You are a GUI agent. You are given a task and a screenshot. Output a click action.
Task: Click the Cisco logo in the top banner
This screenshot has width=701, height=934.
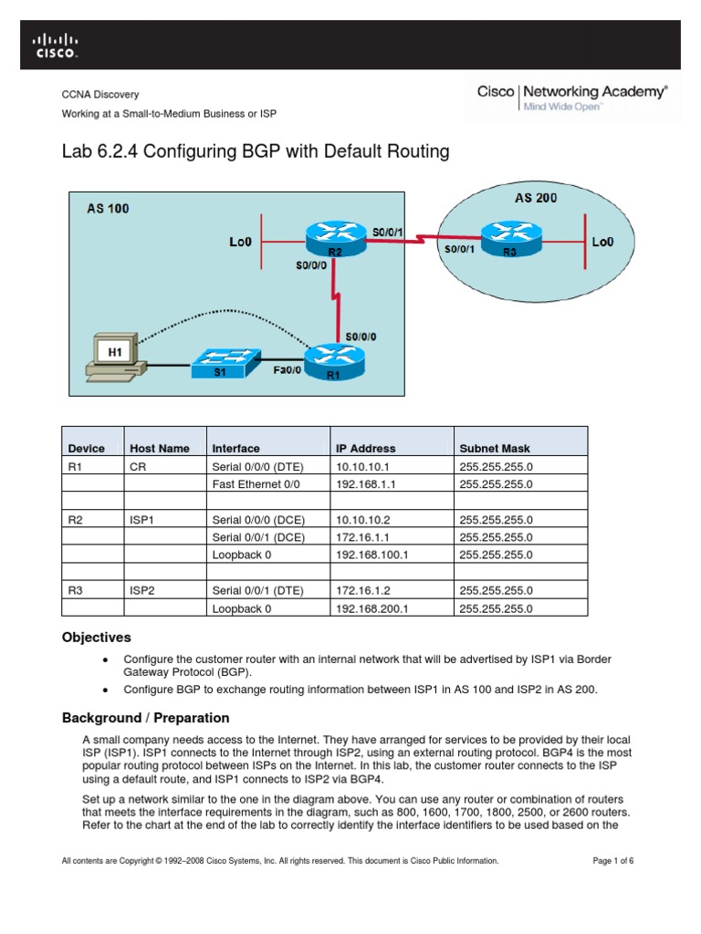56,45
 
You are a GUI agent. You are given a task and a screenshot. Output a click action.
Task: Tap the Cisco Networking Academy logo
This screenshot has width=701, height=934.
572,98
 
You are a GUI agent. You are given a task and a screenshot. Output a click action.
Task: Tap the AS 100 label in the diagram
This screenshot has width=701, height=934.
109,208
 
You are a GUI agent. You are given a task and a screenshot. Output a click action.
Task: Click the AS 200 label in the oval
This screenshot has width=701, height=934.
536,197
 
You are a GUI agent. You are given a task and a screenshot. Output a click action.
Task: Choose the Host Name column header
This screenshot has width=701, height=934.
160,449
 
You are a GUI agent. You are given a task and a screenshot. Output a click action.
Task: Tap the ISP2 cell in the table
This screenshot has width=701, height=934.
142,590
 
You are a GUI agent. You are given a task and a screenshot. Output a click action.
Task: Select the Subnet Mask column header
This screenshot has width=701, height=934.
495,449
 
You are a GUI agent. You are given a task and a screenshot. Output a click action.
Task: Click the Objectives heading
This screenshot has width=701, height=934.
96,638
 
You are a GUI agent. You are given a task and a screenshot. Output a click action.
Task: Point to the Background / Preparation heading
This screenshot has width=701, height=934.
145,718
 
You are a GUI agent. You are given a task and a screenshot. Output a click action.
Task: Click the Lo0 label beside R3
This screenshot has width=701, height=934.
603,242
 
